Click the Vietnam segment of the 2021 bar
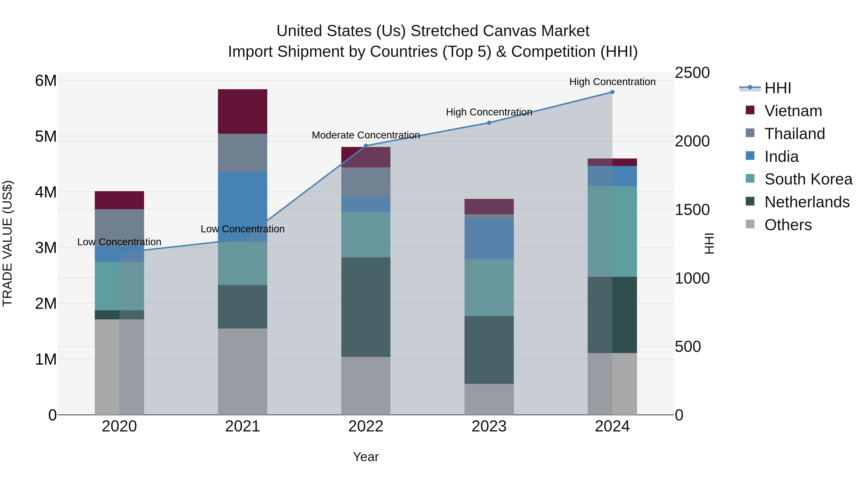[x=242, y=111]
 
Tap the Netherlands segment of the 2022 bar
[x=366, y=307]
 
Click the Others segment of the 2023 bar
[x=489, y=399]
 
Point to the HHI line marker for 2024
[x=612, y=92]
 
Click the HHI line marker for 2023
[x=489, y=123]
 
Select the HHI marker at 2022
[x=366, y=146]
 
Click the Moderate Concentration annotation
[x=366, y=135]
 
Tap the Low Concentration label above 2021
[x=242, y=229]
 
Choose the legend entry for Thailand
[x=794, y=133]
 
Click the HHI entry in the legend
[x=777, y=88]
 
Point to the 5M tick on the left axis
[x=46, y=136]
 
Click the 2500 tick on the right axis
[x=692, y=73]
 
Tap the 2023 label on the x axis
[x=489, y=426]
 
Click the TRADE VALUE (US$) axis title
[x=8, y=243]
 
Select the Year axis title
[x=366, y=457]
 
